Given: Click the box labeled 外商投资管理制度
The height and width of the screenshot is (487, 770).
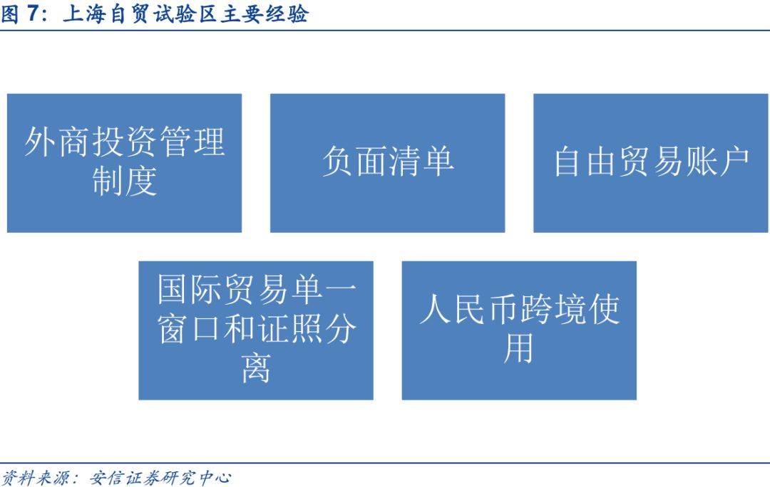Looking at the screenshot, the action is pos(124,163).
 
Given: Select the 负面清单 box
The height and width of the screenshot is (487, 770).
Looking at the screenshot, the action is pos(387,163).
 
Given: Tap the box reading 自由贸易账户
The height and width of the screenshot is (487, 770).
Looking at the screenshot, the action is pos(651,163).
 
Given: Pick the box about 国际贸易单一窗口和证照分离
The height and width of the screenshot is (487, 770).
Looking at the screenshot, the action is pos(256,330).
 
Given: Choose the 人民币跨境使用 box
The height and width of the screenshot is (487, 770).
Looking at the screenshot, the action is pos(519,330).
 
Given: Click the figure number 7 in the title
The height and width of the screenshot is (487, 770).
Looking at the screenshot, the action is pos(33,14).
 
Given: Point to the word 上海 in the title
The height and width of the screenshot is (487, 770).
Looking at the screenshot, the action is pos(83,14).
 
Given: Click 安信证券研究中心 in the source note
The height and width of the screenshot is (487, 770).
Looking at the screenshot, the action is pos(160,477).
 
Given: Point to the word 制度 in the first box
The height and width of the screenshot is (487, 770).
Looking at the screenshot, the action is pos(125,182).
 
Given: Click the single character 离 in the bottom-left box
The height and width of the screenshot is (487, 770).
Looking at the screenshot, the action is pos(256,368).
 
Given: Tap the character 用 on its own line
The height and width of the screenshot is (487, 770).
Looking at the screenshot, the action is pos(518,348).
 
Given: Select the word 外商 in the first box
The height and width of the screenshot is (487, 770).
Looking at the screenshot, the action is pos(58,142).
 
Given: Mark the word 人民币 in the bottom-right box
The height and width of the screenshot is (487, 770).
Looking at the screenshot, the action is pos(469,309).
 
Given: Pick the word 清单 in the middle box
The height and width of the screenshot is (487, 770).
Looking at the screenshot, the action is pos(421,162).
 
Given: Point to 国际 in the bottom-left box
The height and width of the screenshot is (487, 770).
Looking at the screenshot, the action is pos(190,289).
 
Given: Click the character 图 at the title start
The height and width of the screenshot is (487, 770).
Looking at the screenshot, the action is pos(10,14).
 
